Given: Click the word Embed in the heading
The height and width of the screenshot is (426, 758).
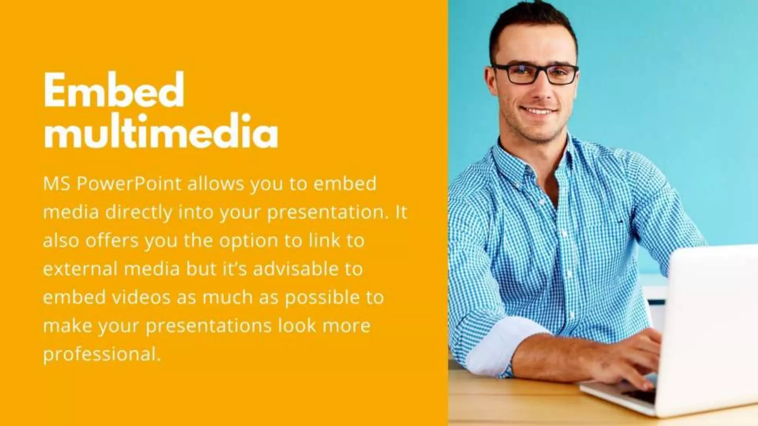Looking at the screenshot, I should [x=114, y=89].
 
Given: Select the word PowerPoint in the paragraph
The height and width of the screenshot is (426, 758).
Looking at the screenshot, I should [x=129, y=184].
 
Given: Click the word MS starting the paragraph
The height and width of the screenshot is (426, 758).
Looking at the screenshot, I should [x=57, y=184].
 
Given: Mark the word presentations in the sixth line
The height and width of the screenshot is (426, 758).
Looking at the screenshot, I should [x=209, y=326].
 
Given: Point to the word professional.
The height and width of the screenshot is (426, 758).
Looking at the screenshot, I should [x=102, y=354].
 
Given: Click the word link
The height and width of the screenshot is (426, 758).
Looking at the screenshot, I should [x=324, y=241].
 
